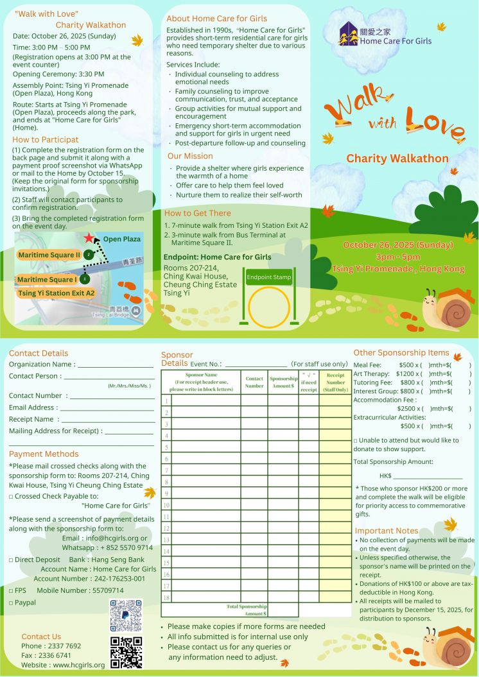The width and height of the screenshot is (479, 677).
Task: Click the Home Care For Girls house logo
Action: (x=349, y=34)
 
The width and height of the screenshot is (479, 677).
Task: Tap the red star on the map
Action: (x=88, y=238)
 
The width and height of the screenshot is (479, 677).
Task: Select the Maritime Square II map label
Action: (x=49, y=255)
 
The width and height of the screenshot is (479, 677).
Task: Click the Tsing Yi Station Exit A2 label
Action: (x=57, y=293)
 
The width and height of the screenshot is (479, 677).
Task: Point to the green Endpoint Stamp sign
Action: (x=269, y=278)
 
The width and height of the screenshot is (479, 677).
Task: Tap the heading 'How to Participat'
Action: (x=46, y=139)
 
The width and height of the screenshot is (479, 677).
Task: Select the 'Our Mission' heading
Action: (x=190, y=156)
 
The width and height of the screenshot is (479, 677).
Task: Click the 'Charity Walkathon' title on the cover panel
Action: (x=397, y=159)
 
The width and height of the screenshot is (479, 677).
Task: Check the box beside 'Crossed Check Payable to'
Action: (x=11, y=496)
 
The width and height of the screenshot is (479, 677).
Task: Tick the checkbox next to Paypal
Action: (x=11, y=603)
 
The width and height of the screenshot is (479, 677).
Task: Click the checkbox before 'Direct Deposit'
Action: (x=11, y=560)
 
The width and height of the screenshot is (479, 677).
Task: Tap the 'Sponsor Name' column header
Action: (x=201, y=382)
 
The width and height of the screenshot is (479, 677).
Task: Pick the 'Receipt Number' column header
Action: (x=335, y=382)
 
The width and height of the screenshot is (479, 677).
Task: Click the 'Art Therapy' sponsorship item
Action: (x=372, y=373)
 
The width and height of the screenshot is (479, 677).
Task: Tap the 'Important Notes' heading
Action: (x=387, y=531)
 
